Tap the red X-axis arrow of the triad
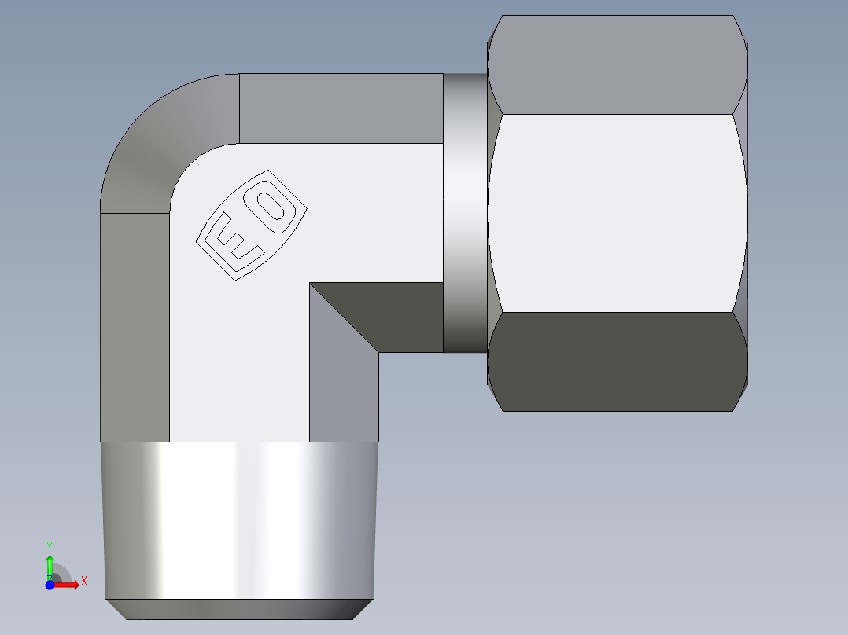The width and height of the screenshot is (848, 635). coord(68,585)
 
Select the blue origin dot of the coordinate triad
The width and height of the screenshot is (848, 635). coord(50,585)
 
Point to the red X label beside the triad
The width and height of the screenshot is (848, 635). coord(83,581)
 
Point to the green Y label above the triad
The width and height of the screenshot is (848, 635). coord(50,545)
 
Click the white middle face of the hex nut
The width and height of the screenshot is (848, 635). coord(617,212)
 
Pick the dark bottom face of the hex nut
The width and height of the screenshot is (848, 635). coord(617,362)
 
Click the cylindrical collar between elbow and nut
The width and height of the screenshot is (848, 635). coord(465,212)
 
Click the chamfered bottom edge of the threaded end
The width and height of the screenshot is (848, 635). coord(238,609)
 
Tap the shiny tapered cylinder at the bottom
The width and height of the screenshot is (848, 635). coord(238,519)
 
